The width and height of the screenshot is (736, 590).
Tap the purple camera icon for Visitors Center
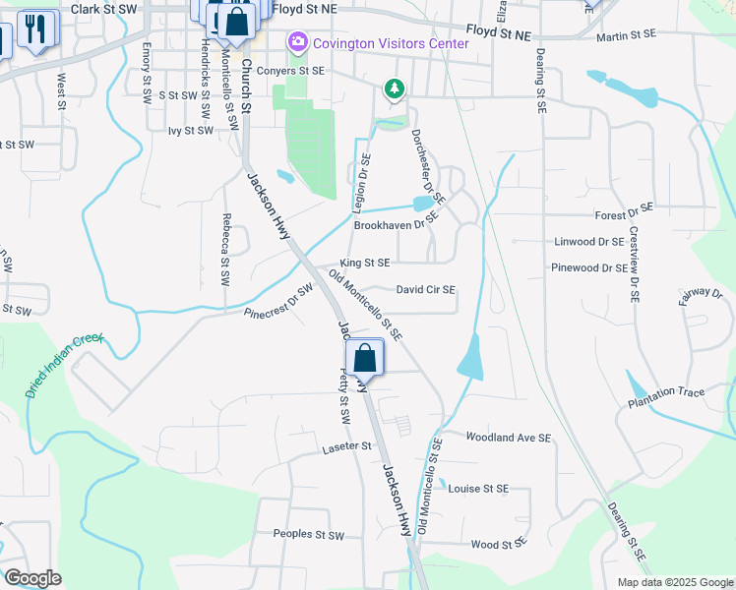[295, 43]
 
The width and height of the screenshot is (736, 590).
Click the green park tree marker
[395, 89]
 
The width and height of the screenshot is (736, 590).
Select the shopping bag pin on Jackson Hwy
[364, 358]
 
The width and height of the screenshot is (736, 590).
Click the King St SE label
[365, 264]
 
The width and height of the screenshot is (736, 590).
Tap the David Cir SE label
[425, 290]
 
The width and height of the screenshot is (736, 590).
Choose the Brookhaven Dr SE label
[394, 225]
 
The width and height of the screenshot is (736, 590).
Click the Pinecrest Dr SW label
[278, 301]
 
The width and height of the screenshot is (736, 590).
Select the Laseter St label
[345, 446]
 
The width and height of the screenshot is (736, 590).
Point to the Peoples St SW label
[309, 535]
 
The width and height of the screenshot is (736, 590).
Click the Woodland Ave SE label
[508, 437]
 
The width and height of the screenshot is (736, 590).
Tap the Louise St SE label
[479, 488]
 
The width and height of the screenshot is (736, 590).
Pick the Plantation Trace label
[667, 392]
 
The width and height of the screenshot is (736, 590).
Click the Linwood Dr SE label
[589, 241]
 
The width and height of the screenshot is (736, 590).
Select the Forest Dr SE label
[625, 213]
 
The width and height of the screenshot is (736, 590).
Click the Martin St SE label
[626, 34]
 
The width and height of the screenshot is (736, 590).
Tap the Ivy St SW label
[191, 130]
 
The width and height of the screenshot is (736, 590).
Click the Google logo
[32, 578]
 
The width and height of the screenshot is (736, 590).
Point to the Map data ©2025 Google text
[674, 582]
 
